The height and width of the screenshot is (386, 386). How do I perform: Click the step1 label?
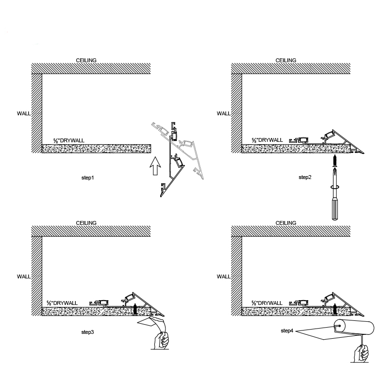pos(88,178)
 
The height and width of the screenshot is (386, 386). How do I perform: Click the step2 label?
pos(305,177)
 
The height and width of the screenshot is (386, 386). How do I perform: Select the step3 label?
pos(88,332)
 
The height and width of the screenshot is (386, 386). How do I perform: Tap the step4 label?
pos(287,331)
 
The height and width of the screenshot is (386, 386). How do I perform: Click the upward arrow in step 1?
pos(155,166)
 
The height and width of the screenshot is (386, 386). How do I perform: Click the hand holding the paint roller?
pos(361,354)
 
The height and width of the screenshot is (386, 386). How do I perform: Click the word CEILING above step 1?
pos(86,60)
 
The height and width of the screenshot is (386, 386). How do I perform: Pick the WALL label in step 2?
pos(223,113)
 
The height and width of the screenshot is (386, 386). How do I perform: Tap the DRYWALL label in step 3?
pos(62,303)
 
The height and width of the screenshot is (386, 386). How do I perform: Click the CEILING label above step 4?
pos(286,223)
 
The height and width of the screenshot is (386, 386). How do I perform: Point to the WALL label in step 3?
pos(24,276)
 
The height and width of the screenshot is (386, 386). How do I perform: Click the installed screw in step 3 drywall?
pos(135,309)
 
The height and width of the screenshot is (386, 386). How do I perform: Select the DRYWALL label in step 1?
pos(69,140)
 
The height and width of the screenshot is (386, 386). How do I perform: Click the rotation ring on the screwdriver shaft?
pos(335,187)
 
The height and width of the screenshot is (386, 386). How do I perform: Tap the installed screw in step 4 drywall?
pos(335,309)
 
